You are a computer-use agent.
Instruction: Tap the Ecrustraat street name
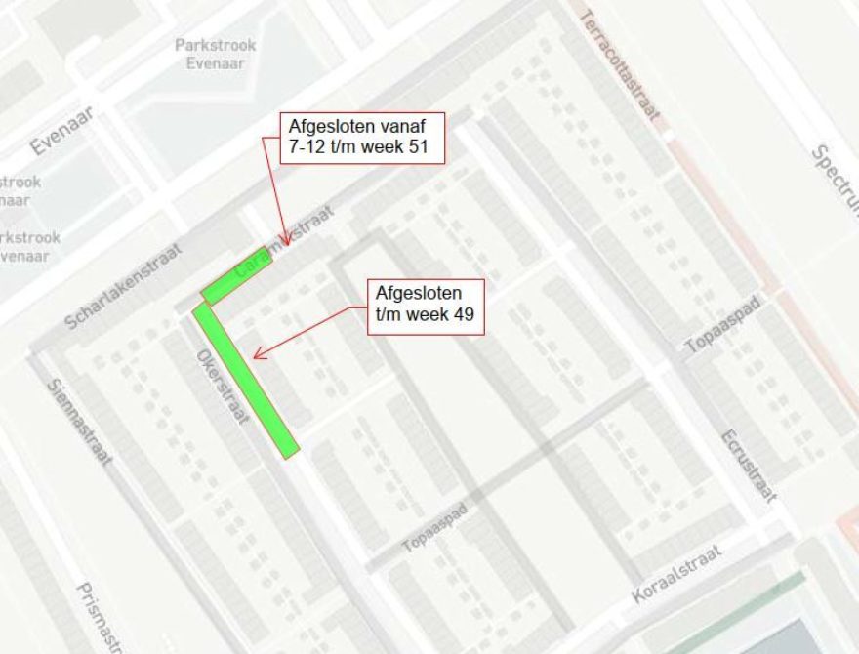(x=750, y=466)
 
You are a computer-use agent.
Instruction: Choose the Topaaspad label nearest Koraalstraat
(x=435, y=528)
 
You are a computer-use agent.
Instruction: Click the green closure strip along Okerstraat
(x=245, y=380)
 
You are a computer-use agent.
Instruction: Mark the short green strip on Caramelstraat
(x=234, y=280)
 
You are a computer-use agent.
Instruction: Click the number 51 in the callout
(x=428, y=149)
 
